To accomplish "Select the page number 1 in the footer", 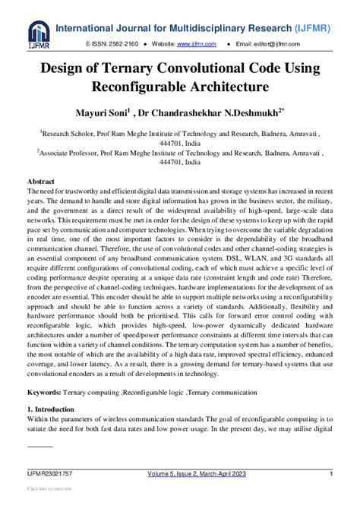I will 331,474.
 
